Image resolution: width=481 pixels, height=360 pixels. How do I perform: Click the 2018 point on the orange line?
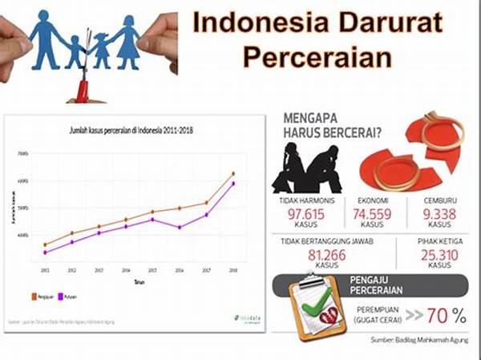tap(232, 173)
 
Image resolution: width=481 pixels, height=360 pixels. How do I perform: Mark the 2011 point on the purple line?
tap(45, 253)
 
